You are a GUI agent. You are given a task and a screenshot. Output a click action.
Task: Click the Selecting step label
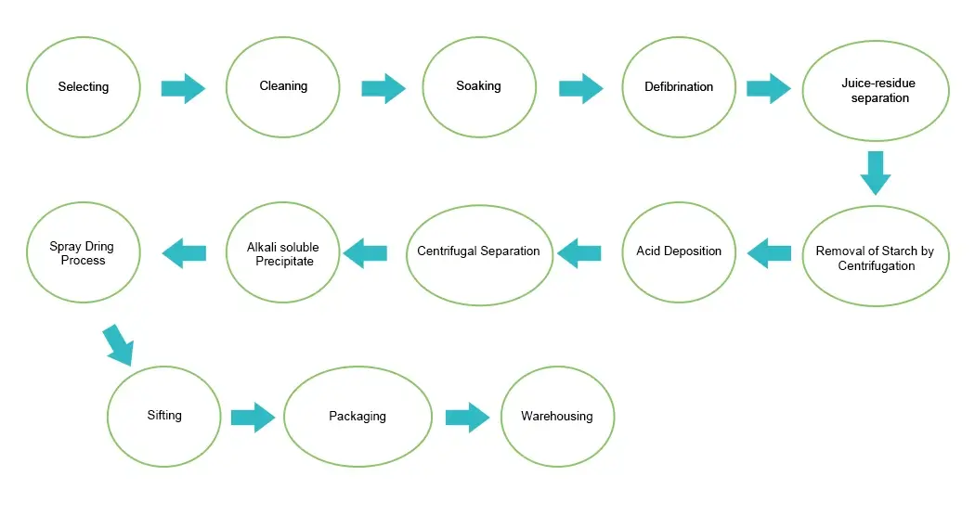pos(84,87)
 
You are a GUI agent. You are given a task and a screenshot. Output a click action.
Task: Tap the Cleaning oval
pos(283,86)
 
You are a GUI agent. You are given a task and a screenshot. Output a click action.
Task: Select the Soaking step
pos(478,86)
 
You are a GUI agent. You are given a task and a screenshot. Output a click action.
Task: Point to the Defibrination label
pos(679,87)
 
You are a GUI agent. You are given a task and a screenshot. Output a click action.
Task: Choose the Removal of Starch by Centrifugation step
pos(876,258)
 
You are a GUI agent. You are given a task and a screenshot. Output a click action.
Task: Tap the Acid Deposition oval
pos(679,251)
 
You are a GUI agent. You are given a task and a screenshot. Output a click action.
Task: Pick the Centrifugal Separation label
pos(479,251)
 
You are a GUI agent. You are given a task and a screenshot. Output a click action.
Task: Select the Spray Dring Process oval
pos(84,253)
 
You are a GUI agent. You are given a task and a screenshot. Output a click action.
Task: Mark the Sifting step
pos(164,416)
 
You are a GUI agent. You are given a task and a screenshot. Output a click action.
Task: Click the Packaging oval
pos(357,417)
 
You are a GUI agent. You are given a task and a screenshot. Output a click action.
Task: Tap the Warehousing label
pos(557,417)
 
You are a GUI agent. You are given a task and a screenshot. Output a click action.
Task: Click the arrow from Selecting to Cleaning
pos(183,88)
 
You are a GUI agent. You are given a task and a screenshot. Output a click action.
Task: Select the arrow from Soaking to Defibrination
pos(581,88)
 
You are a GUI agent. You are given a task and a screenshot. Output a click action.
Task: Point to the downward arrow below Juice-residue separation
pos(876,172)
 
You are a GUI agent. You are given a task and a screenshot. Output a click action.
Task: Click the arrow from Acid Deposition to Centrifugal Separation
pos(579,252)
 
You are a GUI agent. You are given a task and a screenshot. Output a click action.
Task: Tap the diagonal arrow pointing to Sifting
pos(119,344)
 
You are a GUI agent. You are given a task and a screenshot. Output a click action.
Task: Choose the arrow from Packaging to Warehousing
pos(467,418)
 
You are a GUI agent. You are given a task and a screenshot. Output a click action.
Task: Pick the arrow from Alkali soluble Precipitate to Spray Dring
pos(184,252)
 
